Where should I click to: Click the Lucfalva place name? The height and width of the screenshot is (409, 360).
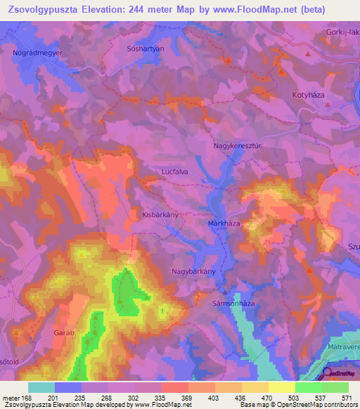175,171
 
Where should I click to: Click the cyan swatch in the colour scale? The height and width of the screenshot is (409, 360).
41,387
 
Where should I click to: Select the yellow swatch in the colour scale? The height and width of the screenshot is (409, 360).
281,387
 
